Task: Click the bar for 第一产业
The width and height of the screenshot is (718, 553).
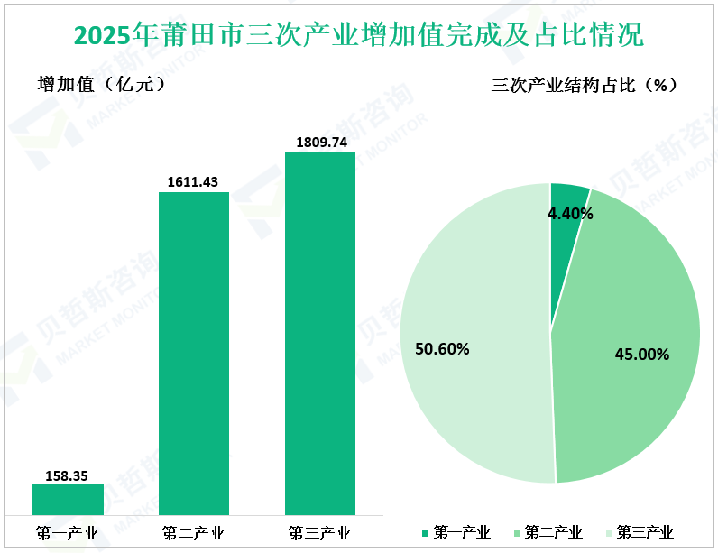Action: click(x=68, y=499)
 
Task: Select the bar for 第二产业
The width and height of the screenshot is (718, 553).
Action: click(x=194, y=353)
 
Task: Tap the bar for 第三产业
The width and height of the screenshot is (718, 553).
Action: click(x=320, y=333)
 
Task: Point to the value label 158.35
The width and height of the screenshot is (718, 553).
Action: click(x=68, y=475)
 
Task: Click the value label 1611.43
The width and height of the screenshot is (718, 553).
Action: click(x=193, y=182)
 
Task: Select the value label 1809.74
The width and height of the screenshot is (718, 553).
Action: click(x=320, y=143)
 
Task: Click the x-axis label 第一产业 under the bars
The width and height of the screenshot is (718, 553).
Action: click(x=68, y=531)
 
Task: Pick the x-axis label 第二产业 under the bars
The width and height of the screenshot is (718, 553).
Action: click(x=194, y=531)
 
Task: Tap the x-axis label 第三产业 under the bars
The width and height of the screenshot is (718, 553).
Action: click(x=320, y=531)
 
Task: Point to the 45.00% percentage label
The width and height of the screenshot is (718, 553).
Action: click(x=641, y=355)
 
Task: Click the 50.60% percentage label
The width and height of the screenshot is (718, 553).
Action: click(x=441, y=348)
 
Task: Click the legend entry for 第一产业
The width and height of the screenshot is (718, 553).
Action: click(x=456, y=532)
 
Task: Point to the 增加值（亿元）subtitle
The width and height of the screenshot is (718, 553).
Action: click(x=100, y=85)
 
